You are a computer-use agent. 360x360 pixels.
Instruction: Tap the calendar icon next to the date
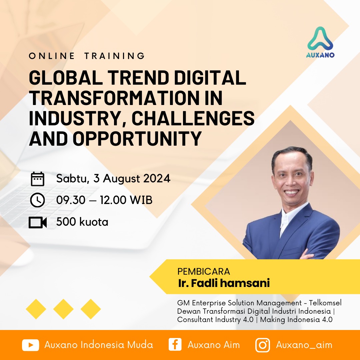(37, 179)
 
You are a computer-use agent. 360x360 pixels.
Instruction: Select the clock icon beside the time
(37, 200)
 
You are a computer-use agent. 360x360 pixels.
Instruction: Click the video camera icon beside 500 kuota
(37, 222)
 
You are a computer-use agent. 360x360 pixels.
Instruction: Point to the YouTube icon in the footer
(31, 345)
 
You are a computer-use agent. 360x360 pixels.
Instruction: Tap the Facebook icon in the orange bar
(175, 345)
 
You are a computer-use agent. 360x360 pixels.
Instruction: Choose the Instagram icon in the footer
(263, 345)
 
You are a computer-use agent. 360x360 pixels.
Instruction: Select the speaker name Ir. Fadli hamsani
(223, 283)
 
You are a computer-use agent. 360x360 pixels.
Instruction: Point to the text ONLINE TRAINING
(87, 56)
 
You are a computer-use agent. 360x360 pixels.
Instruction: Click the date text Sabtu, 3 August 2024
(113, 179)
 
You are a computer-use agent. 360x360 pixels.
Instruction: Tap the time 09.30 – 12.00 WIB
(104, 200)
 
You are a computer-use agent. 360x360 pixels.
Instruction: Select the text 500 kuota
(82, 222)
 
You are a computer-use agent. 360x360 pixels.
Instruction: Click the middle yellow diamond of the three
(63, 309)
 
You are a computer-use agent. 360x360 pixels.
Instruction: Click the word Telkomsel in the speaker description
(325, 303)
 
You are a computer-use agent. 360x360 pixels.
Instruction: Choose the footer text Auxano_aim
(304, 345)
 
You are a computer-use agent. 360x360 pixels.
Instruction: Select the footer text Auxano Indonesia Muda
(99, 345)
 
